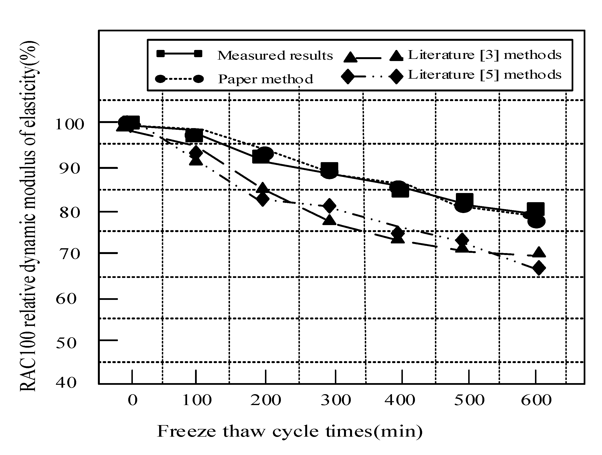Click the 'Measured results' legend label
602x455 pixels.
[275, 55]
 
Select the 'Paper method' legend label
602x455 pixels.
[265, 79]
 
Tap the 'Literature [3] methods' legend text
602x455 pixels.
[484, 55]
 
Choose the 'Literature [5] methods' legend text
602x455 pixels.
[484, 75]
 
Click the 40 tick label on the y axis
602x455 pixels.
[66, 383]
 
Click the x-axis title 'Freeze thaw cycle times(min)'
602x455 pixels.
[290, 432]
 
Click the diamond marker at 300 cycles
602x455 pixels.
[329, 206]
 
